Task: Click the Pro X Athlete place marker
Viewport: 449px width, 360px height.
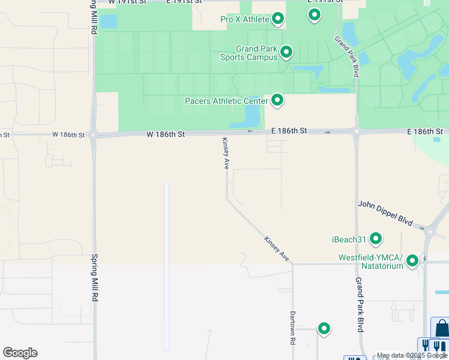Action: tap(278, 19)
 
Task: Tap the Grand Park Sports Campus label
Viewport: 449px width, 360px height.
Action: tap(256, 53)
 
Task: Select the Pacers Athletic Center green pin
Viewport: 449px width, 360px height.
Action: tap(277, 100)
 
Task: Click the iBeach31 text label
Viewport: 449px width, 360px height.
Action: tap(349, 239)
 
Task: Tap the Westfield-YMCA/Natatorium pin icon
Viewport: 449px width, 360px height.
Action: tap(412, 261)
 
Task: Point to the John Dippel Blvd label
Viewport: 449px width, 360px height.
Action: tap(385, 213)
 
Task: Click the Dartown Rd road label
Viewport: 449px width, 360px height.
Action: tap(293, 328)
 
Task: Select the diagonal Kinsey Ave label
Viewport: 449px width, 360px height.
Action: tap(277, 248)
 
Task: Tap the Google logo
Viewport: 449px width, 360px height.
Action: tap(20, 353)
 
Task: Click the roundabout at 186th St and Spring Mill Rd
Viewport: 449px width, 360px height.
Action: tap(94, 135)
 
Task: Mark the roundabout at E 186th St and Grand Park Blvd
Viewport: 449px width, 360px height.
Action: tap(357, 131)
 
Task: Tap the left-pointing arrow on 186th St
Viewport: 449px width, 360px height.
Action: tap(250, 131)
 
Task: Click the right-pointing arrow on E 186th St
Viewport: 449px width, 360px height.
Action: tap(327, 132)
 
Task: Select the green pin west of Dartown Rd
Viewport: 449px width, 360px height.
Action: tap(324, 328)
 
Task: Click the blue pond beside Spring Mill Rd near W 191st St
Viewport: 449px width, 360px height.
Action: tap(109, 22)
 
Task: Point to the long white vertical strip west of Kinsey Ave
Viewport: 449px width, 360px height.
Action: tap(166, 264)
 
